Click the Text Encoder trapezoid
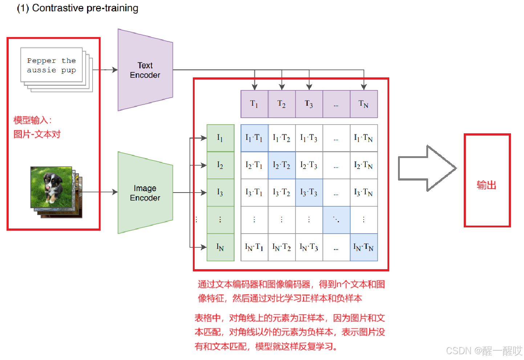(x=145, y=70)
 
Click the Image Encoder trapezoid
(x=145, y=193)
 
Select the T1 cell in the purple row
(x=254, y=104)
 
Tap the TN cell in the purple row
(x=363, y=104)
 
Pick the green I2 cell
(x=220, y=165)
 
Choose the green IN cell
(x=220, y=247)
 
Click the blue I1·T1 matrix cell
(x=254, y=138)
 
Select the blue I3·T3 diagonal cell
(x=309, y=193)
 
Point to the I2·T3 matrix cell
(x=309, y=165)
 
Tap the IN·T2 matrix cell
(x=282, y=247)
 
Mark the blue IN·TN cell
(x=363, y=247)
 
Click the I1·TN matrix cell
(x=363, y=138)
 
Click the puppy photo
(x=52, y=187)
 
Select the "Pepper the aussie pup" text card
(x=52, y=65)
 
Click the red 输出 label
(x=487, y=185)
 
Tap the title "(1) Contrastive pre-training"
(x=78, y=8)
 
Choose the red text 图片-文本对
(x=37, y=134)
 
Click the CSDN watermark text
(x=484, y=351)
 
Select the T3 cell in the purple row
(x=309, y=104)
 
